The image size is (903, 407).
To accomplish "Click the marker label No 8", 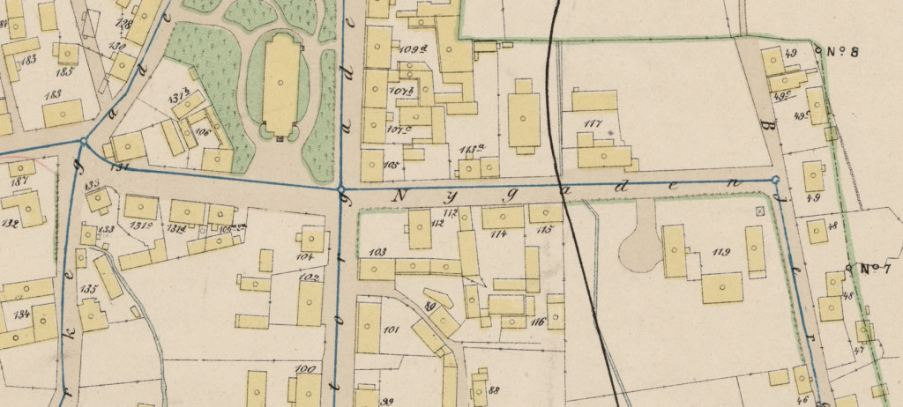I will pyautogui.click(x=842, y=51).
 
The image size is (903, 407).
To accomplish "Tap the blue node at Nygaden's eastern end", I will pyautogui.click(x=775, y=180).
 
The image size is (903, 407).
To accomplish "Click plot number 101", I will pyautogui.click(x=392, y=332).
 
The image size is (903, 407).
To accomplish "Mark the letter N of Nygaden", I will pyautogui.click(x=403, y=195).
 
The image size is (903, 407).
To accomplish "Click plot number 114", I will pyautogui.click(x=499, y=233).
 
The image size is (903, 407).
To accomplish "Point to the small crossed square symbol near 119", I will pyautogui.click(x=760, y=211).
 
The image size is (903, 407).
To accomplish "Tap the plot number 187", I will pyautogui.click(x=16, y=181).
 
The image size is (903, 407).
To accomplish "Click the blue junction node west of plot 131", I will pyautogui.click(x=83, y=141).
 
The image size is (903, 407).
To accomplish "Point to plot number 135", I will pyautogui.click(x=88, y=288).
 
